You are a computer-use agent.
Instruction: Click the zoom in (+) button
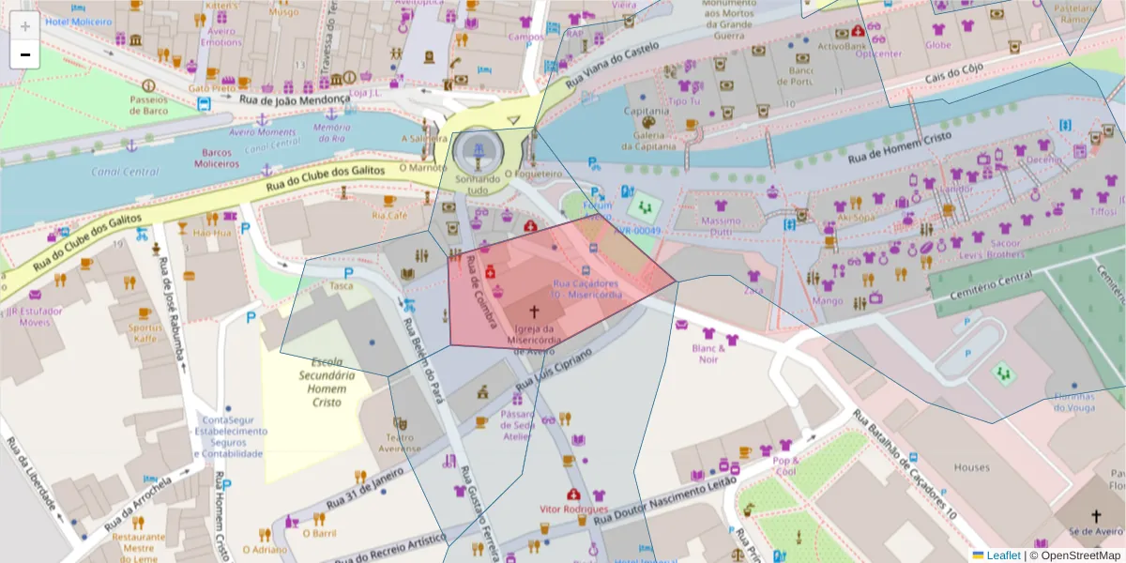[24, 25]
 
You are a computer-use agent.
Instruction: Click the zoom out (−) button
[24, 54]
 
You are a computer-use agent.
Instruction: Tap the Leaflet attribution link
[1003, 555]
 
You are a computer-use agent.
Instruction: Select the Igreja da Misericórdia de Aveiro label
[538, 340]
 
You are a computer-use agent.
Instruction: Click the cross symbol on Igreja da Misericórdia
[535, 312]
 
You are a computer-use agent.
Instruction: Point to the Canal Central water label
[125, 172]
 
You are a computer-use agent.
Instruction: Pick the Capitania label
[647, 111]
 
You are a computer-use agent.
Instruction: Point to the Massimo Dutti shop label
[721, 226]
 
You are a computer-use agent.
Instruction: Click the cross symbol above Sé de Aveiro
[1095, 515]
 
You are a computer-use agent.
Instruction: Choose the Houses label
[971, 467]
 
